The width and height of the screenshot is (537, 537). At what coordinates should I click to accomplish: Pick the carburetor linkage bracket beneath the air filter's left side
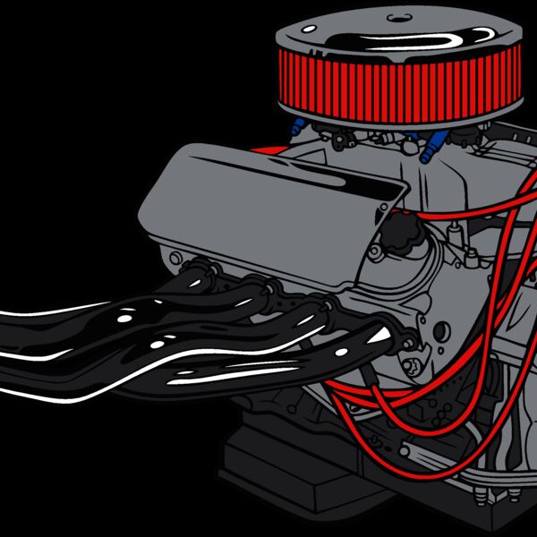[340, 139]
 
